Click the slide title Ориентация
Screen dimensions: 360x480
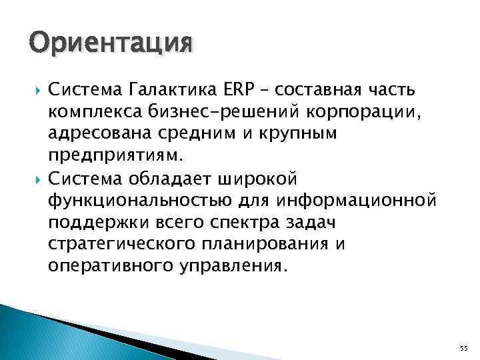[111, 44]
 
